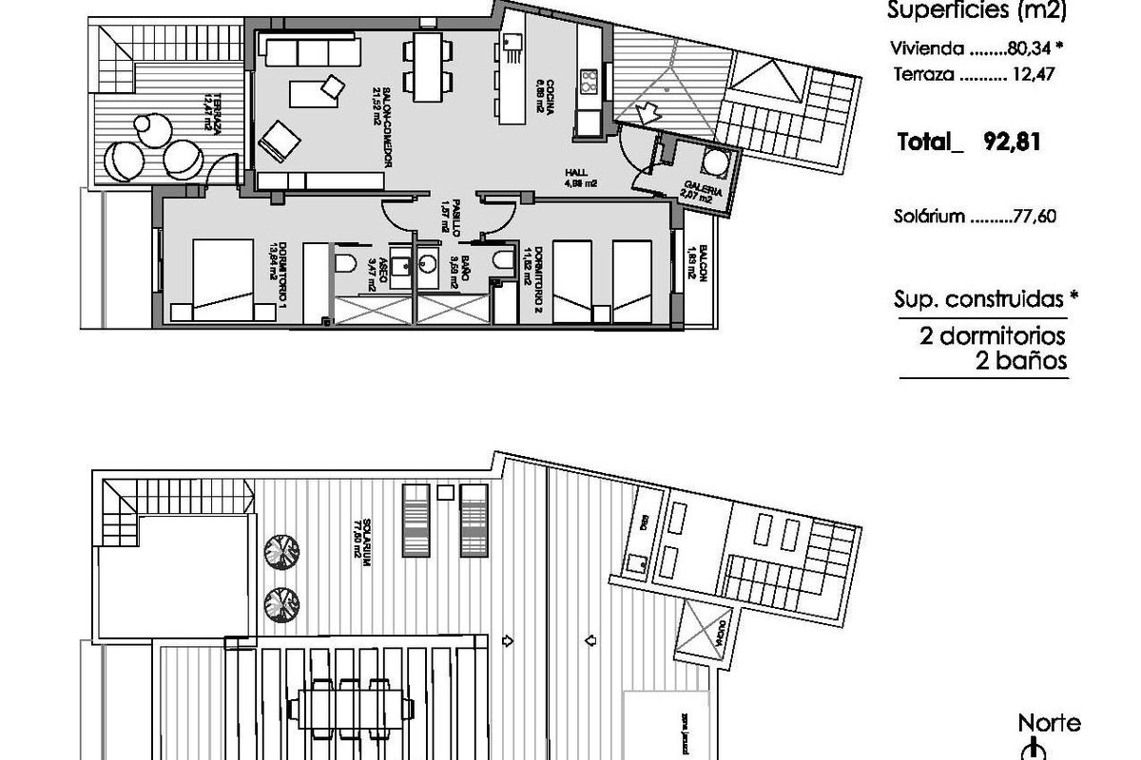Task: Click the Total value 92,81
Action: [x=1010, y=143]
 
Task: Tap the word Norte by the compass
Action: [x=1050, y=724]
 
